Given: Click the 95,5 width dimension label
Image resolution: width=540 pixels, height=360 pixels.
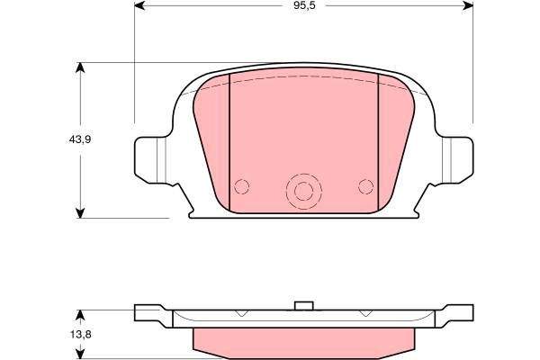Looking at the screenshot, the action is click(x=304, y=6).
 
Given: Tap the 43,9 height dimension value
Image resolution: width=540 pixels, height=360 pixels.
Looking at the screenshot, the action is click(x=80, y=139).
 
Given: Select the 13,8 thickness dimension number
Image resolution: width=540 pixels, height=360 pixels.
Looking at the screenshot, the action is click(x=81, y=335).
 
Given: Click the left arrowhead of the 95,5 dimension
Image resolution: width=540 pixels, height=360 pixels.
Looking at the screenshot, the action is click(x=139, y=5).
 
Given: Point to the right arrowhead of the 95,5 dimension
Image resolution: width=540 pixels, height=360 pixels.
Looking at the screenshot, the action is click(x=468, y=5).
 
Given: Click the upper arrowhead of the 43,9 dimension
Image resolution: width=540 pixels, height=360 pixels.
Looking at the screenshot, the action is click(x=80, y=67).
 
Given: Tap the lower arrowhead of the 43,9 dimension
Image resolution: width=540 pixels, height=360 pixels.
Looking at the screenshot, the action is click(x=80, y=213).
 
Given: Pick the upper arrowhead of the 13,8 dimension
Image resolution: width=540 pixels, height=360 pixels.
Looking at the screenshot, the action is click(x=80, y=315).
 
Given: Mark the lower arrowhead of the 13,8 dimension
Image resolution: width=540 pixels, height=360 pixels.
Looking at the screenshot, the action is click(x=80, y=355).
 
